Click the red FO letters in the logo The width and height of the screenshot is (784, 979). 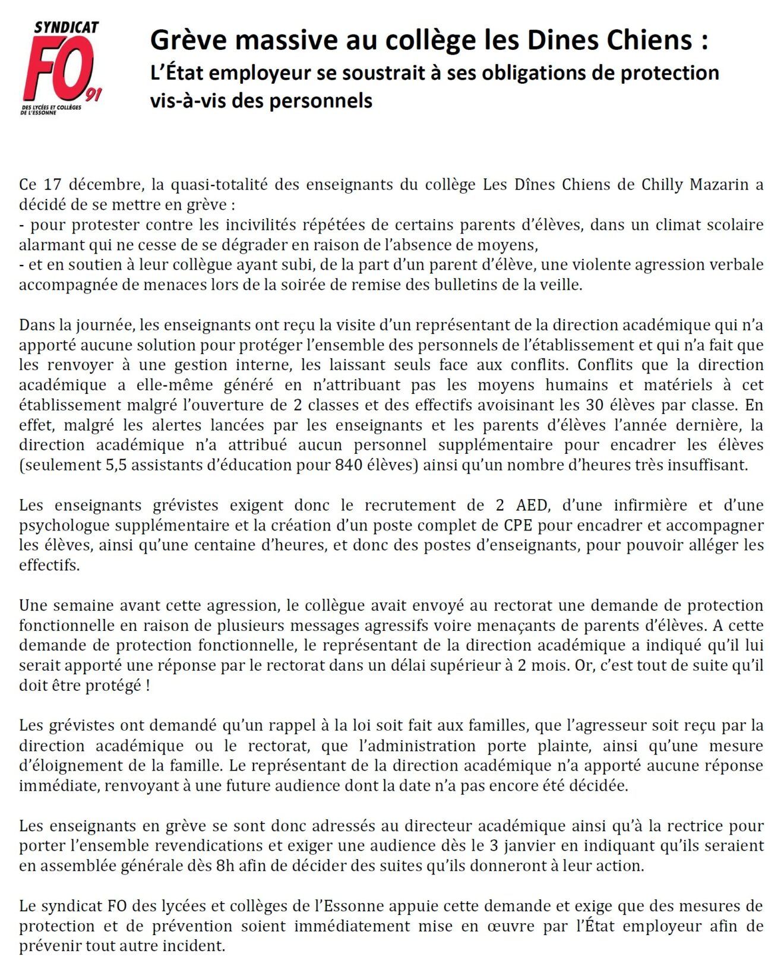point(56,68)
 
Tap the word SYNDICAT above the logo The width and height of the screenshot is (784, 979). point(66,27)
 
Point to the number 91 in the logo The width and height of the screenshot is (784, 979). point(92,94)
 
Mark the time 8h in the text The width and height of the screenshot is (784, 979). point(225,866)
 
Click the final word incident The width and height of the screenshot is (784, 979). point(198,946)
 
